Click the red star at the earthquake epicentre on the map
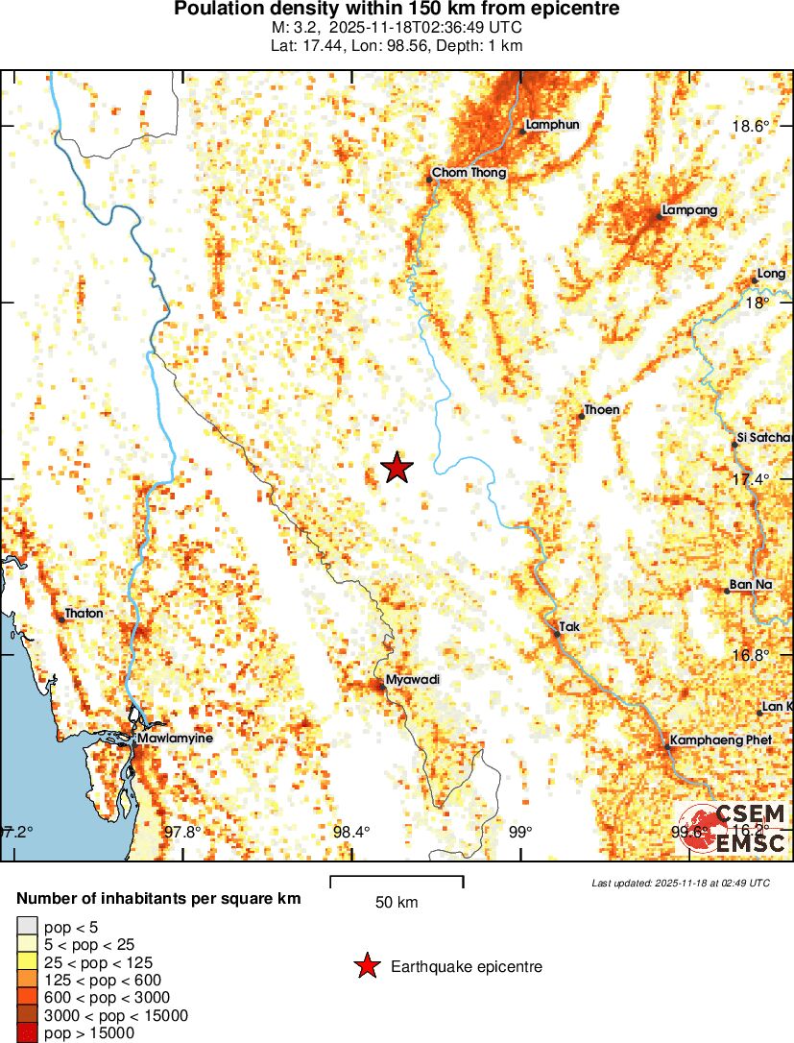pos(397,468)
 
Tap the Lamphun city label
pos(552,124)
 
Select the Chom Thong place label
pos(469,173)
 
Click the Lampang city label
pos(689,210)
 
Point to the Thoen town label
pos(601,410)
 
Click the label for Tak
pos(570,626)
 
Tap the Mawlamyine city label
pos(175,738)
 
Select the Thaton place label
pos(84,613)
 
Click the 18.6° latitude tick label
pos(751,127)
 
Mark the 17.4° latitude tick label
pos(751,479)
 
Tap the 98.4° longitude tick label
pos(350,832)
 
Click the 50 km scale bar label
pos(396,902)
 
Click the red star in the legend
pos(366,966)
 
